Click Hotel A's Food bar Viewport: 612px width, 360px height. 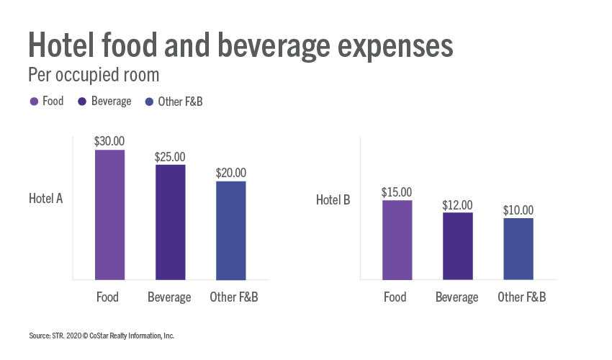(x=109, y=215)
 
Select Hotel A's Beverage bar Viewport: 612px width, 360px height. (x=170, y=222)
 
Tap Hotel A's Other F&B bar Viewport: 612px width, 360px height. (x=230, y=230)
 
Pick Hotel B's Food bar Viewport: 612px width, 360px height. (x=397, y=240)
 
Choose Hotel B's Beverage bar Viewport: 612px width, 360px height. (x=457, y=246)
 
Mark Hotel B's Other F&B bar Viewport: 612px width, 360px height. (x=518, y=248)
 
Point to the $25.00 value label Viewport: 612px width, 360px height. (x=170, y=157)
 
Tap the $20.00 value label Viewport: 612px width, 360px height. (x=230, y=174)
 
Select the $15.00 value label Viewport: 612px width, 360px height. (x=397, y=192)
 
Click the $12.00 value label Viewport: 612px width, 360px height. (x=457, y=204)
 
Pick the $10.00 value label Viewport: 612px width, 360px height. (x=518, y=210)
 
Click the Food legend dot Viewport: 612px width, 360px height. (x=33, y=102)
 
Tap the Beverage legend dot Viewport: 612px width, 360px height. (x=82, y=102)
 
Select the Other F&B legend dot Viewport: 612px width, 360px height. (x=149, y=102)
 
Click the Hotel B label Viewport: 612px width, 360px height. (x=333, y=199)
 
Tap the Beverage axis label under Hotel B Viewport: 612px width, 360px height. (x=457, y=297)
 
